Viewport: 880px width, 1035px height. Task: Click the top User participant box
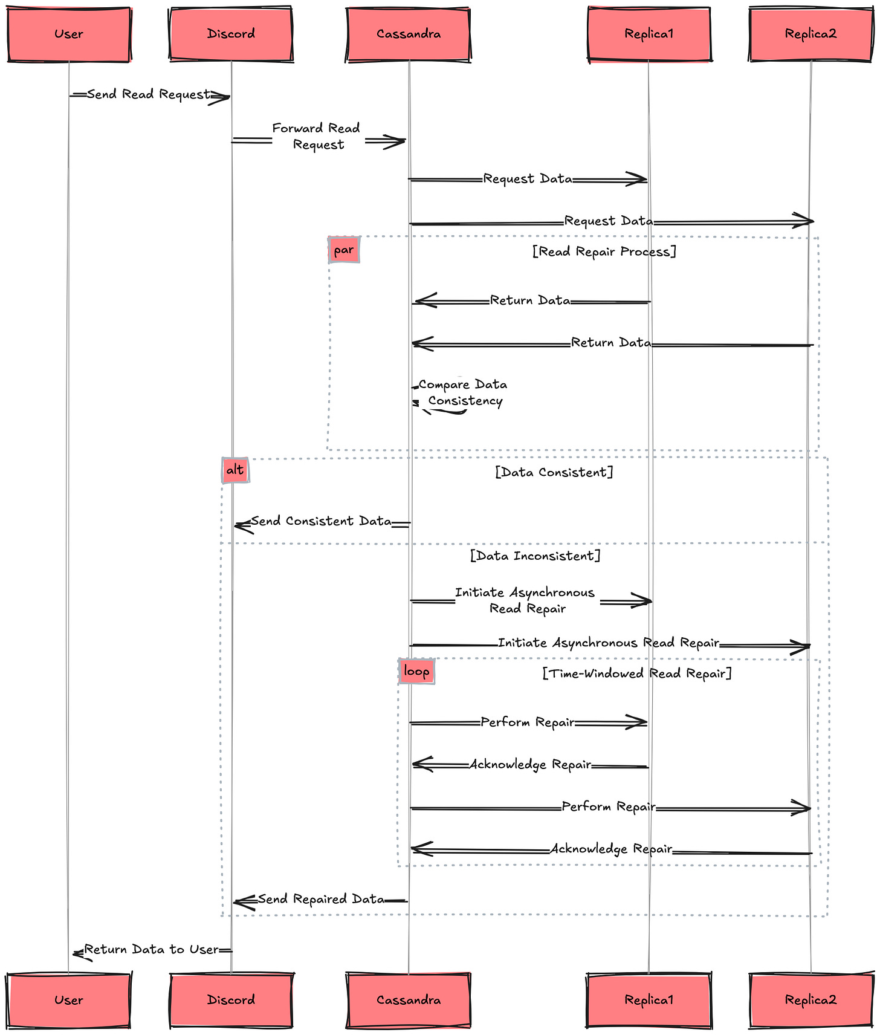[x=69, y=34]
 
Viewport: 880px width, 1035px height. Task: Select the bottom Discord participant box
[x=231, y=1000]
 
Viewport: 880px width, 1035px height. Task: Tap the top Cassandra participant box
[x=409, y=34]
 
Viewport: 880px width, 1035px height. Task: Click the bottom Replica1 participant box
[x=649, y=1000]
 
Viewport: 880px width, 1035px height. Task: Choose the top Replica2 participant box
[x=811, y=34]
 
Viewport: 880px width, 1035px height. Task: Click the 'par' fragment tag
[x=344, y=250]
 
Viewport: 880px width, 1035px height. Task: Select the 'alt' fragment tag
[x=235, y=470]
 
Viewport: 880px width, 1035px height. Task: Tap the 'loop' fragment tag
[x=416, y=672]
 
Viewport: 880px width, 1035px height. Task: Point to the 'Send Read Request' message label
[x=149, y=94]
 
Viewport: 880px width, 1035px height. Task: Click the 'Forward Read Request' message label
[x=317, y=137]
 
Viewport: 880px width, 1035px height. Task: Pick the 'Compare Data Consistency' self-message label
[x=464, y=392]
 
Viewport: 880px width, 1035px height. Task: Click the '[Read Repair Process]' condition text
[x=604, y=251]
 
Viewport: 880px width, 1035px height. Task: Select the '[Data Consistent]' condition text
[x=554, y=472]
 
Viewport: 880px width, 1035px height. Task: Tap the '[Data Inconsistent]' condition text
[x=535, y=556]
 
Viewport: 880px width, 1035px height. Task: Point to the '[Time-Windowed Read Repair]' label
[x=637, y=673]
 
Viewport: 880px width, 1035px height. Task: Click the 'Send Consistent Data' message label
[x=322, y=521]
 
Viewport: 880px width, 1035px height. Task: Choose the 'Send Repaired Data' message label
[x=321, y=899]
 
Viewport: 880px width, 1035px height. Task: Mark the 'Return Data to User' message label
[x=152, y=950]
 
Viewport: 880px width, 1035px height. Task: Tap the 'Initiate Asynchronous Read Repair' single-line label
[x=609, y=643]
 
